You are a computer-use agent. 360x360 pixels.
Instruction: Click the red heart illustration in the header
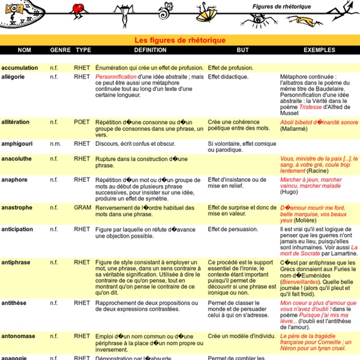point(77,9)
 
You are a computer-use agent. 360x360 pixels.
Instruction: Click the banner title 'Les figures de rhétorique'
point(179,40)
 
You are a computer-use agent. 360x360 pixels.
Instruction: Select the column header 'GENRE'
point(60,50)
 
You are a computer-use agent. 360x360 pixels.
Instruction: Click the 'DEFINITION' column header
point(150,50)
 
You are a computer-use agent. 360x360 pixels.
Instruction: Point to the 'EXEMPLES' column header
point(319,50)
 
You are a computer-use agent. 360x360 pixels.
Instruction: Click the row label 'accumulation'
point(20,68)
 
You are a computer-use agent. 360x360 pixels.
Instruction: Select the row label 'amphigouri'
point(19,145)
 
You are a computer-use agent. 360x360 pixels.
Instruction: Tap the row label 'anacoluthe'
point(18,159)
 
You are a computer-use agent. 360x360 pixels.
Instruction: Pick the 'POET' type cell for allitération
point(83,122)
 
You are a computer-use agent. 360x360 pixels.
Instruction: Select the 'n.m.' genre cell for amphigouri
point(56,145)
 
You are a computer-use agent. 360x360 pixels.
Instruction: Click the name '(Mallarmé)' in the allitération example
point(296,129)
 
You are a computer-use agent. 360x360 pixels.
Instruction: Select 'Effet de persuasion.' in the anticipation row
point(233,229)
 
